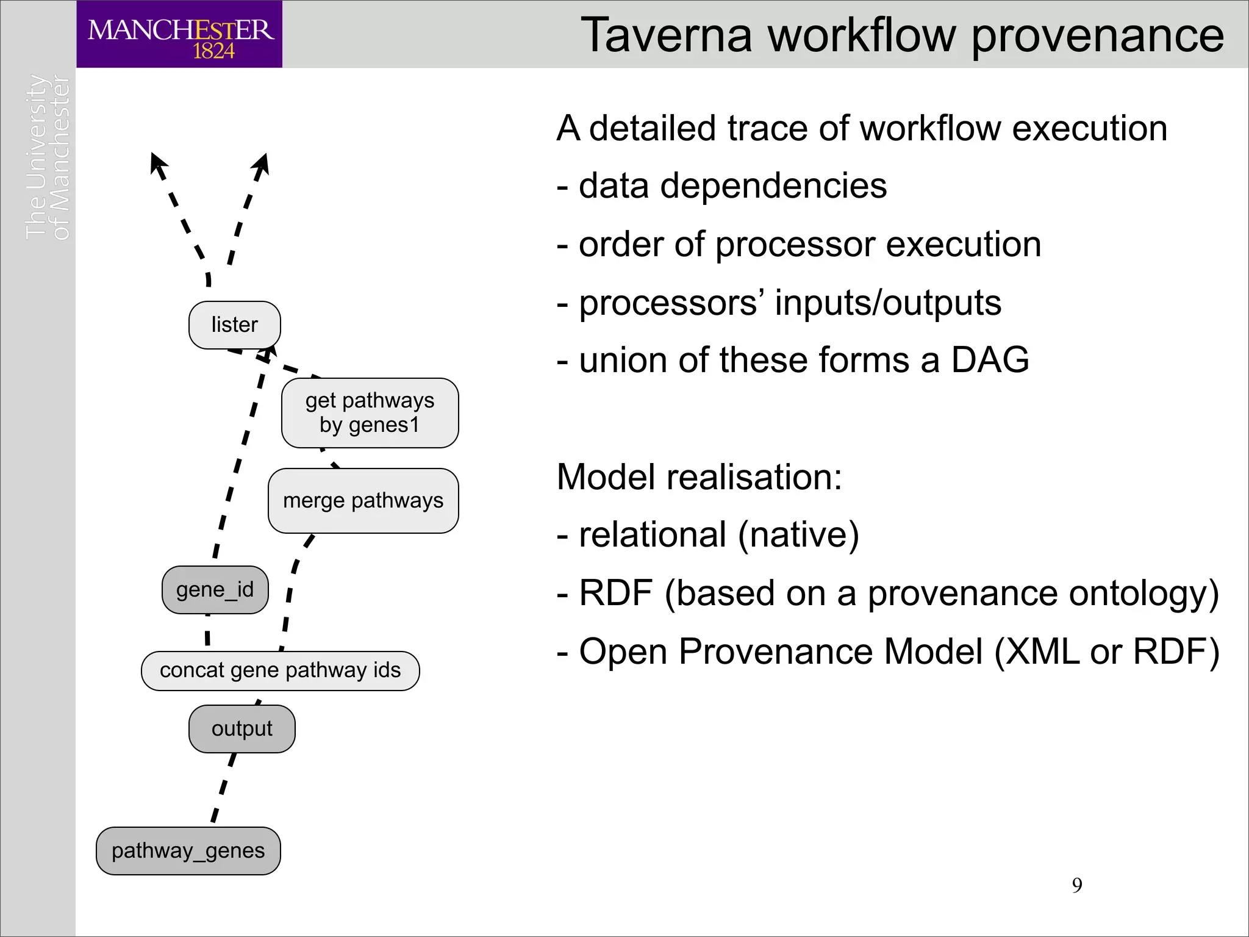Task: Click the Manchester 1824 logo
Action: [179, 34]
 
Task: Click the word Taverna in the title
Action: [667, 35]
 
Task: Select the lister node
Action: [235, 325]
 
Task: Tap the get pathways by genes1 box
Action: [370, 413]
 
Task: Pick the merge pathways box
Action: [363, 501]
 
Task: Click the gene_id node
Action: [215, 590]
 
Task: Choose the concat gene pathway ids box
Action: [280, 670]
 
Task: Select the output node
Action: [242, 729]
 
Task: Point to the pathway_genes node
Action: [188, 851]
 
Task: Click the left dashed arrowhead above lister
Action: [157, 163]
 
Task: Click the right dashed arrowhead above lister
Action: [262, 163]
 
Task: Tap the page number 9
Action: [1077, 885]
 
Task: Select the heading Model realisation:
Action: [699, 477]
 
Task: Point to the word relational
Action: [652, 535]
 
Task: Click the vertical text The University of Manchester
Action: [48, 157]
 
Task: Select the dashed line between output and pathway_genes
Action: [223, 787]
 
